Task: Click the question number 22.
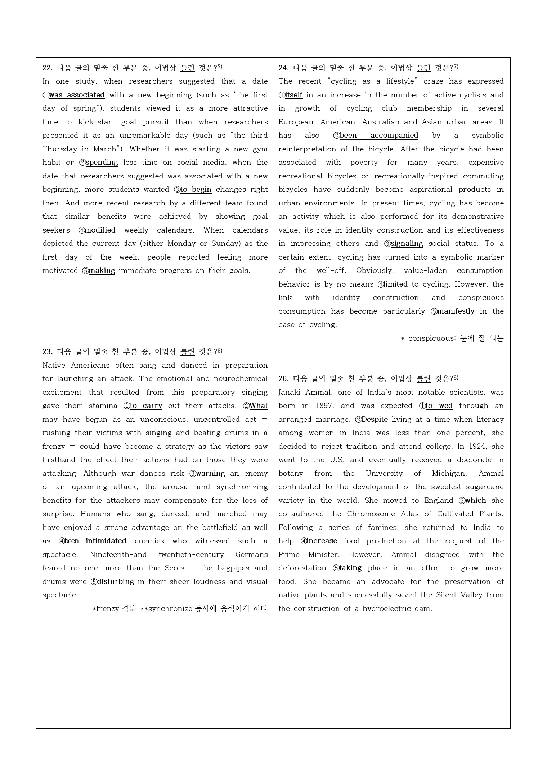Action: pos(47,68)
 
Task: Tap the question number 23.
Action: pos(47,351)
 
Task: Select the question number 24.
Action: pos(283,68)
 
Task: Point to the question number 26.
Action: pos(283,378)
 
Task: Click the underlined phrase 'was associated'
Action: pos(77,95)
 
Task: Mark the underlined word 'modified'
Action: pos(100,230)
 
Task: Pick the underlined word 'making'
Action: pos(102,270)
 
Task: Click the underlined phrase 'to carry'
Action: pos(146,406)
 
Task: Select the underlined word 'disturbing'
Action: pos(116,581)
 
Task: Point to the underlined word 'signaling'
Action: pos(407,243)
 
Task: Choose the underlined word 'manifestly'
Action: pos(456,311)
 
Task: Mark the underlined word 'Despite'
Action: pos(375,419)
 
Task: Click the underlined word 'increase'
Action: pos(322,541)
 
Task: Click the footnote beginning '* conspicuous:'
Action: pos(452,338)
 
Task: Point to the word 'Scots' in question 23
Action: pos(174,568)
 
